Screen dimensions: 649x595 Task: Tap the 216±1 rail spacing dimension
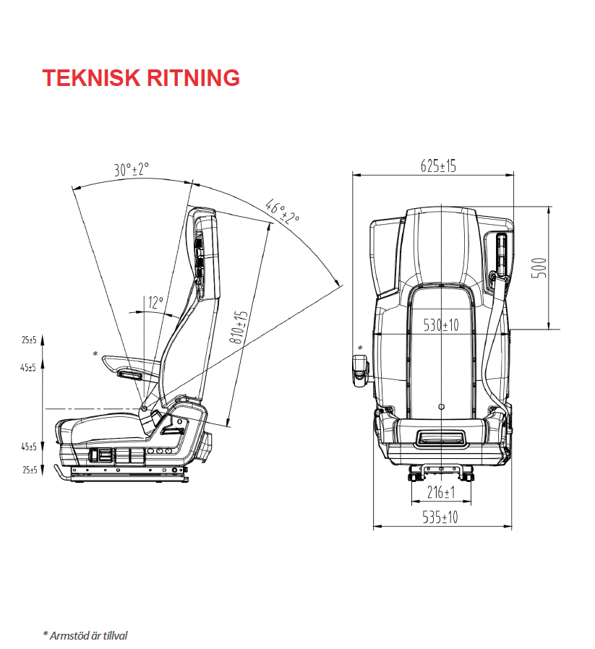440,493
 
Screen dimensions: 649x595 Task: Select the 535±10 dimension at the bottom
440,517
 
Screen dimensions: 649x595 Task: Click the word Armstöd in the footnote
67,635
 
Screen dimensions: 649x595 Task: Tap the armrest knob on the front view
360,366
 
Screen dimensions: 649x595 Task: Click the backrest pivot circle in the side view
144,409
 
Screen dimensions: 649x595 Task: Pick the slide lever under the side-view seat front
62,470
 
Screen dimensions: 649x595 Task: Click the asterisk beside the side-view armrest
95,353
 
